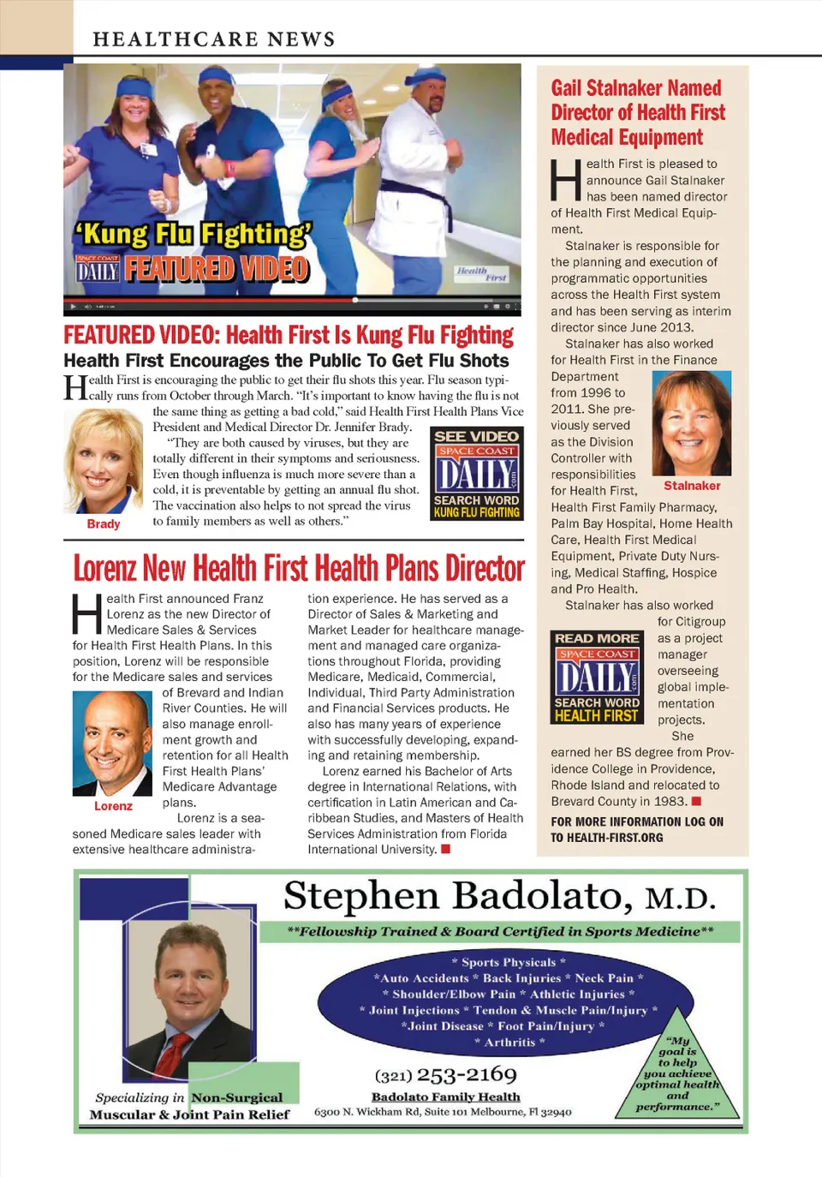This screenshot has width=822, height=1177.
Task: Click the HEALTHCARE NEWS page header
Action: [214, 39]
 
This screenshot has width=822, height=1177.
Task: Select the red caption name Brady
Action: [104, 524]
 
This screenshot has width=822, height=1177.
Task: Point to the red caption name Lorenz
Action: [113, 806]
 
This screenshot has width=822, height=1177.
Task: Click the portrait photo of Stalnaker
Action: [692, 423]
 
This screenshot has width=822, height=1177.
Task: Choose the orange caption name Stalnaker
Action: [692, 486]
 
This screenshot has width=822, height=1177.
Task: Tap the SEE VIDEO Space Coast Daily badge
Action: [476, 474]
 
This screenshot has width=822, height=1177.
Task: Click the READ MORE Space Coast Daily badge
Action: [598, 677]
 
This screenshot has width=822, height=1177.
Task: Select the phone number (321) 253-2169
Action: [445, 1074]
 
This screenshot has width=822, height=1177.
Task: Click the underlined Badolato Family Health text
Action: [445, 1096]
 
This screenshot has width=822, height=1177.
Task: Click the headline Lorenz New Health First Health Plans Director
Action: [299, 568]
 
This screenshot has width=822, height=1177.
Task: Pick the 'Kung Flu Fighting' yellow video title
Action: [193, 234]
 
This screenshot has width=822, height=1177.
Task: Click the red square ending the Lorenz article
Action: [445, 850]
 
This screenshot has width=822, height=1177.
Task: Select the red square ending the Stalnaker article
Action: [696, 802]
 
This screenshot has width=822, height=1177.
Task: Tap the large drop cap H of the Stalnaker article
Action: [566, 180]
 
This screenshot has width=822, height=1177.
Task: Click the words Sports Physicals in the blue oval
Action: [509, 962]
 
